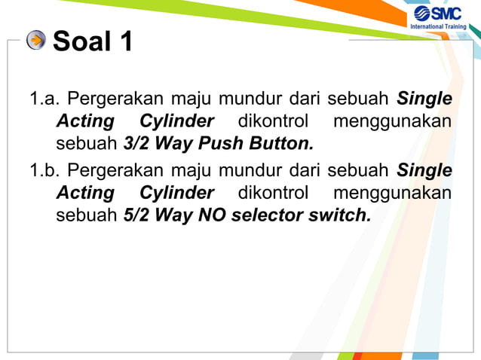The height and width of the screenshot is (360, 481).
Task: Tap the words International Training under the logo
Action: [438, 27]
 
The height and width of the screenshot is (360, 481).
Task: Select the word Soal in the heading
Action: [80, 41]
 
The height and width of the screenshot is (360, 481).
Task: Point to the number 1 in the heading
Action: [124, 41]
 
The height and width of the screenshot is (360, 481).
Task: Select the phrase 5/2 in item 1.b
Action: [136, 215]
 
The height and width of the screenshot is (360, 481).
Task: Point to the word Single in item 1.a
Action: [424, 99]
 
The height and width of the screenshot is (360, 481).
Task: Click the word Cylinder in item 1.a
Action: [176, 121]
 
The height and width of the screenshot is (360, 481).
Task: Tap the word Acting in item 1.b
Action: [85, 193]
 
